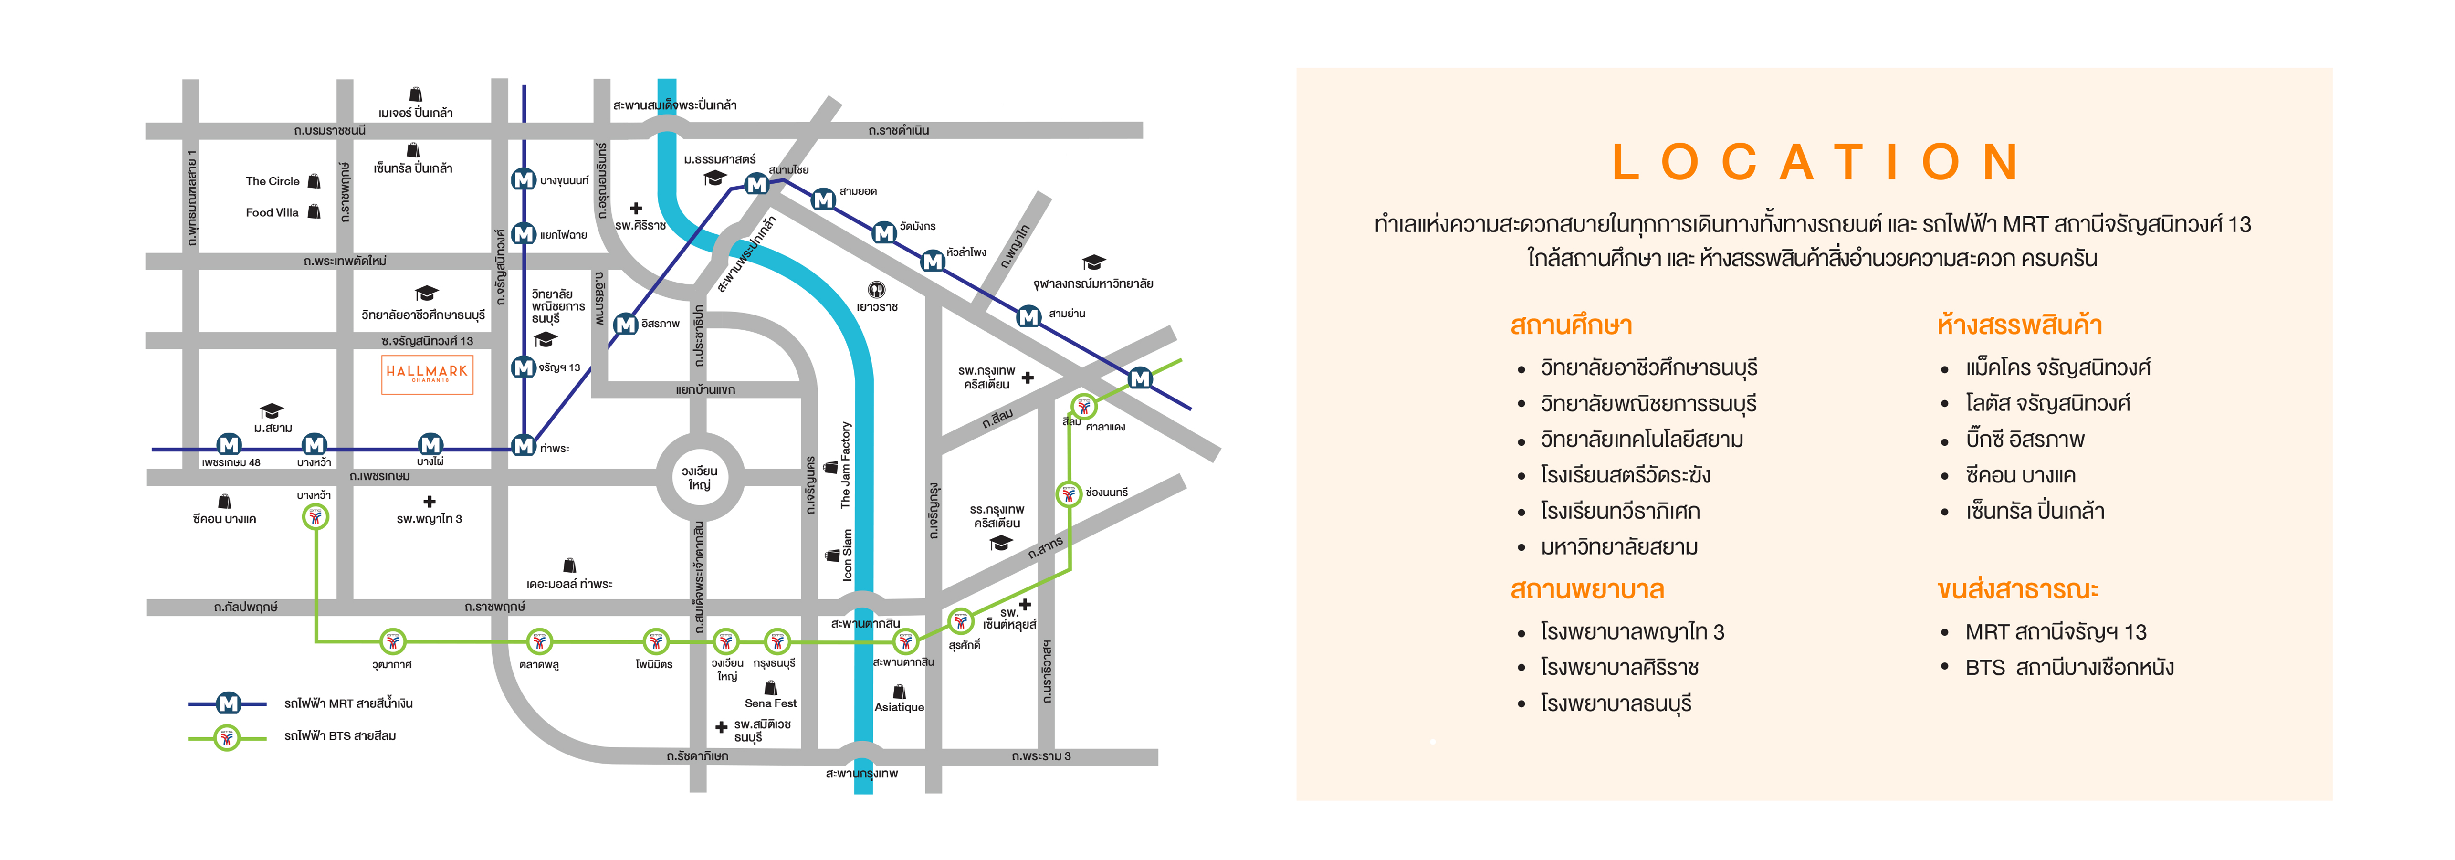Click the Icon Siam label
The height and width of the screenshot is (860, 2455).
[x=847, y=556]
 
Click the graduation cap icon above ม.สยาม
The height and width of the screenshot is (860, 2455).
[x=272, y=411]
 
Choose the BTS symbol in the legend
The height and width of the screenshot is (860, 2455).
[x=227, y=737]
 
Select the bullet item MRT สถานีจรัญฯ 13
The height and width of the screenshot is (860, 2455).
[x=2056, y=632]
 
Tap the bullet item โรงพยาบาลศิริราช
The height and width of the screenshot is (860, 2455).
[x=1619, y=667]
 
